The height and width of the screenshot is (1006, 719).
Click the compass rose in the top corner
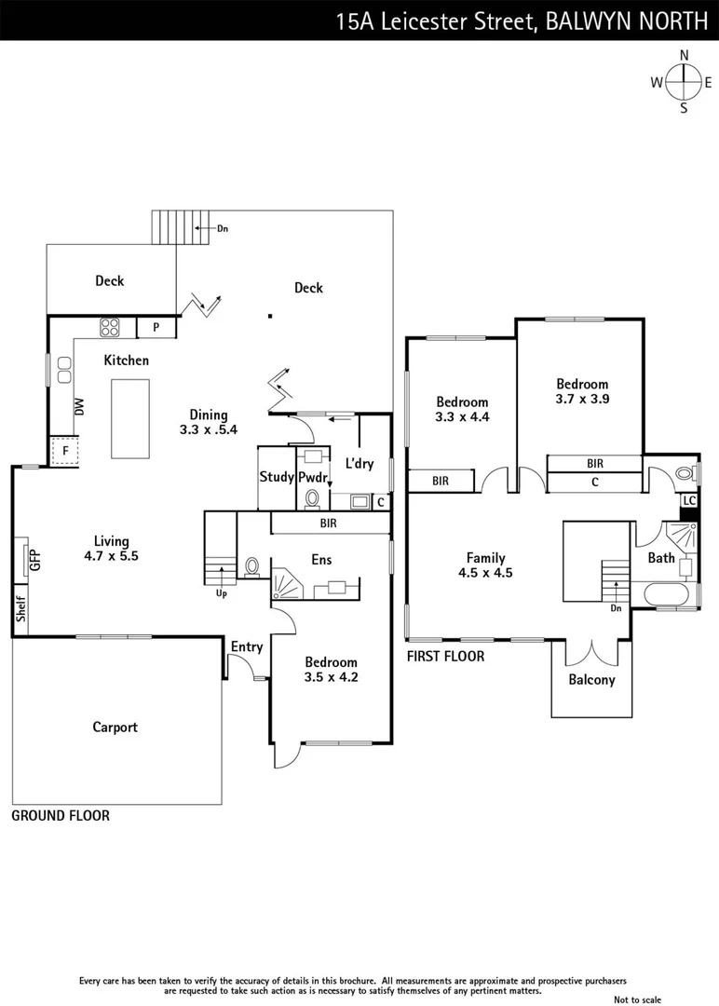684,82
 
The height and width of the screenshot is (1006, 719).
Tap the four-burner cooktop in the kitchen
111,327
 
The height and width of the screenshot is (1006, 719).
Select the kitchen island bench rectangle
129,418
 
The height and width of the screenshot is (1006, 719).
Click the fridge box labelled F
65,453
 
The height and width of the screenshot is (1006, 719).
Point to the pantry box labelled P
156,328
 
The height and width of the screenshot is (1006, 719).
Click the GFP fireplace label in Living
35,561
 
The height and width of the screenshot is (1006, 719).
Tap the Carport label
115,727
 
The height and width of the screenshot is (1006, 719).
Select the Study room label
277,477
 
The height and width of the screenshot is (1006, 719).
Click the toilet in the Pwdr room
313,496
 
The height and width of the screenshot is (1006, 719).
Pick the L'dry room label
359,463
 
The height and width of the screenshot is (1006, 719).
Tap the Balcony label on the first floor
591,679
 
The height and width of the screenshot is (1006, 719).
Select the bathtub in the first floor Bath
665,594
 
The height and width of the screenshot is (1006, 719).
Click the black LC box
688,500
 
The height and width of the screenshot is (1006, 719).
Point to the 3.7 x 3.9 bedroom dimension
582,398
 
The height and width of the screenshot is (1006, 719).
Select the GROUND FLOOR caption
61,815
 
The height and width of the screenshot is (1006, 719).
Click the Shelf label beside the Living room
20,610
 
